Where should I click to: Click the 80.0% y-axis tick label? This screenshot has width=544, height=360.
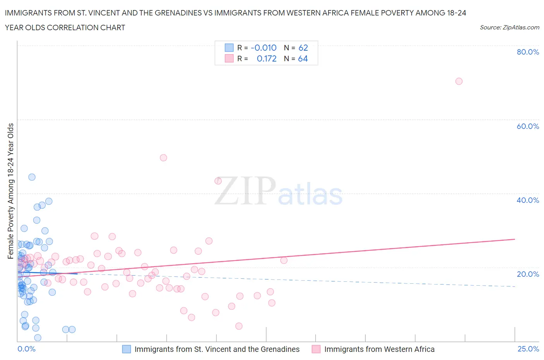[528, 52]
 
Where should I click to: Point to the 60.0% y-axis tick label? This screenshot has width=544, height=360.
[528, 126]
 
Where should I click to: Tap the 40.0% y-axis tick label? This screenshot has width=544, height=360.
[528, 200]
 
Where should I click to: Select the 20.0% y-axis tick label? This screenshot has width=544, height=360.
[528, 274]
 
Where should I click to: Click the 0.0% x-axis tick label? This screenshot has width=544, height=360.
[26, 349]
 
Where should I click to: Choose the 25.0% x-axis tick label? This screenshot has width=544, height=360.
[528, 349]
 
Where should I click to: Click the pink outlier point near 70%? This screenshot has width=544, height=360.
[459, 81]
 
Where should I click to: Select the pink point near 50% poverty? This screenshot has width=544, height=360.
[163, 158]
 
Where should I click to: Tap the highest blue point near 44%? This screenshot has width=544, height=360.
[32, 177]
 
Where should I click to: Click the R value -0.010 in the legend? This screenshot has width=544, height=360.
[263, 48]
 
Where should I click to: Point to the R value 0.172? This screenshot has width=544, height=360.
[267, 58]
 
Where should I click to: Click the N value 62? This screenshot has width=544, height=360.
[303, 48]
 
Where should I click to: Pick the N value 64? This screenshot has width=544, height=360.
[303, 58]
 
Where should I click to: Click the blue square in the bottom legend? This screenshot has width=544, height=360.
[127, 349]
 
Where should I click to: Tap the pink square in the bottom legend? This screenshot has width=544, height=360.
[316, 349]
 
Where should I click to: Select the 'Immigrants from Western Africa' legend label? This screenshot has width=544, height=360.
[379, 349]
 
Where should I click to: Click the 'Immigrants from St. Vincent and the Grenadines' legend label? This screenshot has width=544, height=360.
[217, 349]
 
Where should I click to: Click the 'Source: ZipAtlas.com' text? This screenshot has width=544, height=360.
[509, 27]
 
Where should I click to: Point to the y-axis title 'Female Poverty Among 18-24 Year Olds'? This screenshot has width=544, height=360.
[11, 191]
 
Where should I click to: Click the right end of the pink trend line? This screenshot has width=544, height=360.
[515, 239]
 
